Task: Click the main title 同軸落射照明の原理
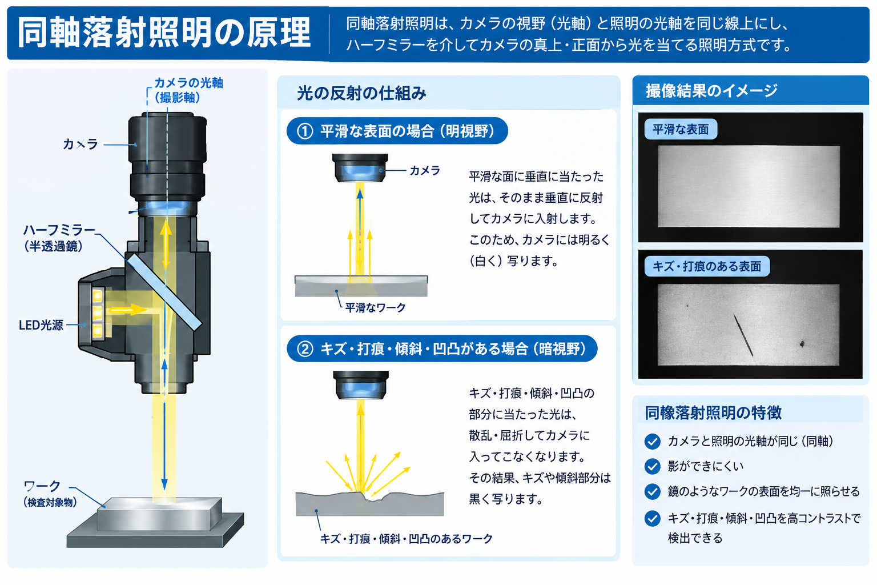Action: coord(164,33)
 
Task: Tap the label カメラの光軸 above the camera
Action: coord(189,83)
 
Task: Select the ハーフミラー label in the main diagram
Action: coord(59,230)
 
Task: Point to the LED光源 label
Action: coord(41,325)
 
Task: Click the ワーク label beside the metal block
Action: coord(42,486)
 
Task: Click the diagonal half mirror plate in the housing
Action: coord(164,292)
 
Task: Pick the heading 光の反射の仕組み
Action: coord(361,93)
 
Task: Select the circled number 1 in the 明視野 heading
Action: coord(305,131)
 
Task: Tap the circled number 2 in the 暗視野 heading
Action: coord(305,348)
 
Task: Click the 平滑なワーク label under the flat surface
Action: coord(375,307)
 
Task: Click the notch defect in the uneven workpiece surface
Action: coord(371,497)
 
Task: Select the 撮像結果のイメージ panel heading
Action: coord(711,91)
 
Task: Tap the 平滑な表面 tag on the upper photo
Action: coord(681,129)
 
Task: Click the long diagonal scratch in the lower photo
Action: coord(743,335)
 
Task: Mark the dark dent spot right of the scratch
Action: coord(802,344)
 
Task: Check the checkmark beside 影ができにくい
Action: coord(652,466)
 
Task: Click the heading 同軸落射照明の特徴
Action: coord(713,412)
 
